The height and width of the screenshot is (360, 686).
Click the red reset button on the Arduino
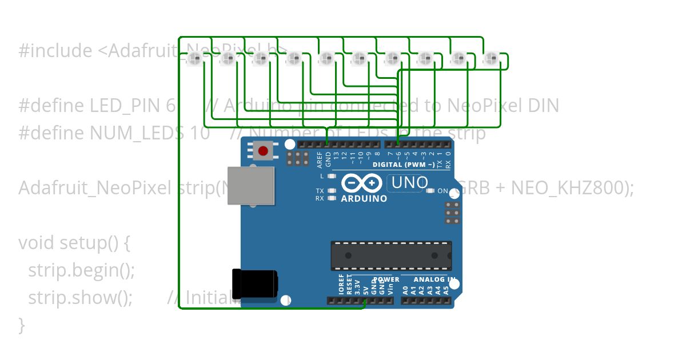click(263, 151)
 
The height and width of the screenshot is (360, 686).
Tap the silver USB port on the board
click(250, 186)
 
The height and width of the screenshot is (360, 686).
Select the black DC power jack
click(255, 284)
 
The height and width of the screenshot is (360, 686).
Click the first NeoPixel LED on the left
click(194, 58)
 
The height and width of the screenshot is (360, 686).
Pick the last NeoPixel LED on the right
click(490, 58)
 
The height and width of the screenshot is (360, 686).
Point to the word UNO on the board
click(409, 183)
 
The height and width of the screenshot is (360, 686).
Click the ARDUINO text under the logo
click(364, 199)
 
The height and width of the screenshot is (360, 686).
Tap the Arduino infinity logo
click(362, 183)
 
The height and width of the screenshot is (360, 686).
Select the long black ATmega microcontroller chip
click(391, 255)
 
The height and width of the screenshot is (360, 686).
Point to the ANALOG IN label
click(434, 279)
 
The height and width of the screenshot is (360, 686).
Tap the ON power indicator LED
click(431, 191)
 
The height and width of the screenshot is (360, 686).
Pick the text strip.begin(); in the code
click(81, 270)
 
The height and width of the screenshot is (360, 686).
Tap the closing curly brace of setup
click(22, 325)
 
